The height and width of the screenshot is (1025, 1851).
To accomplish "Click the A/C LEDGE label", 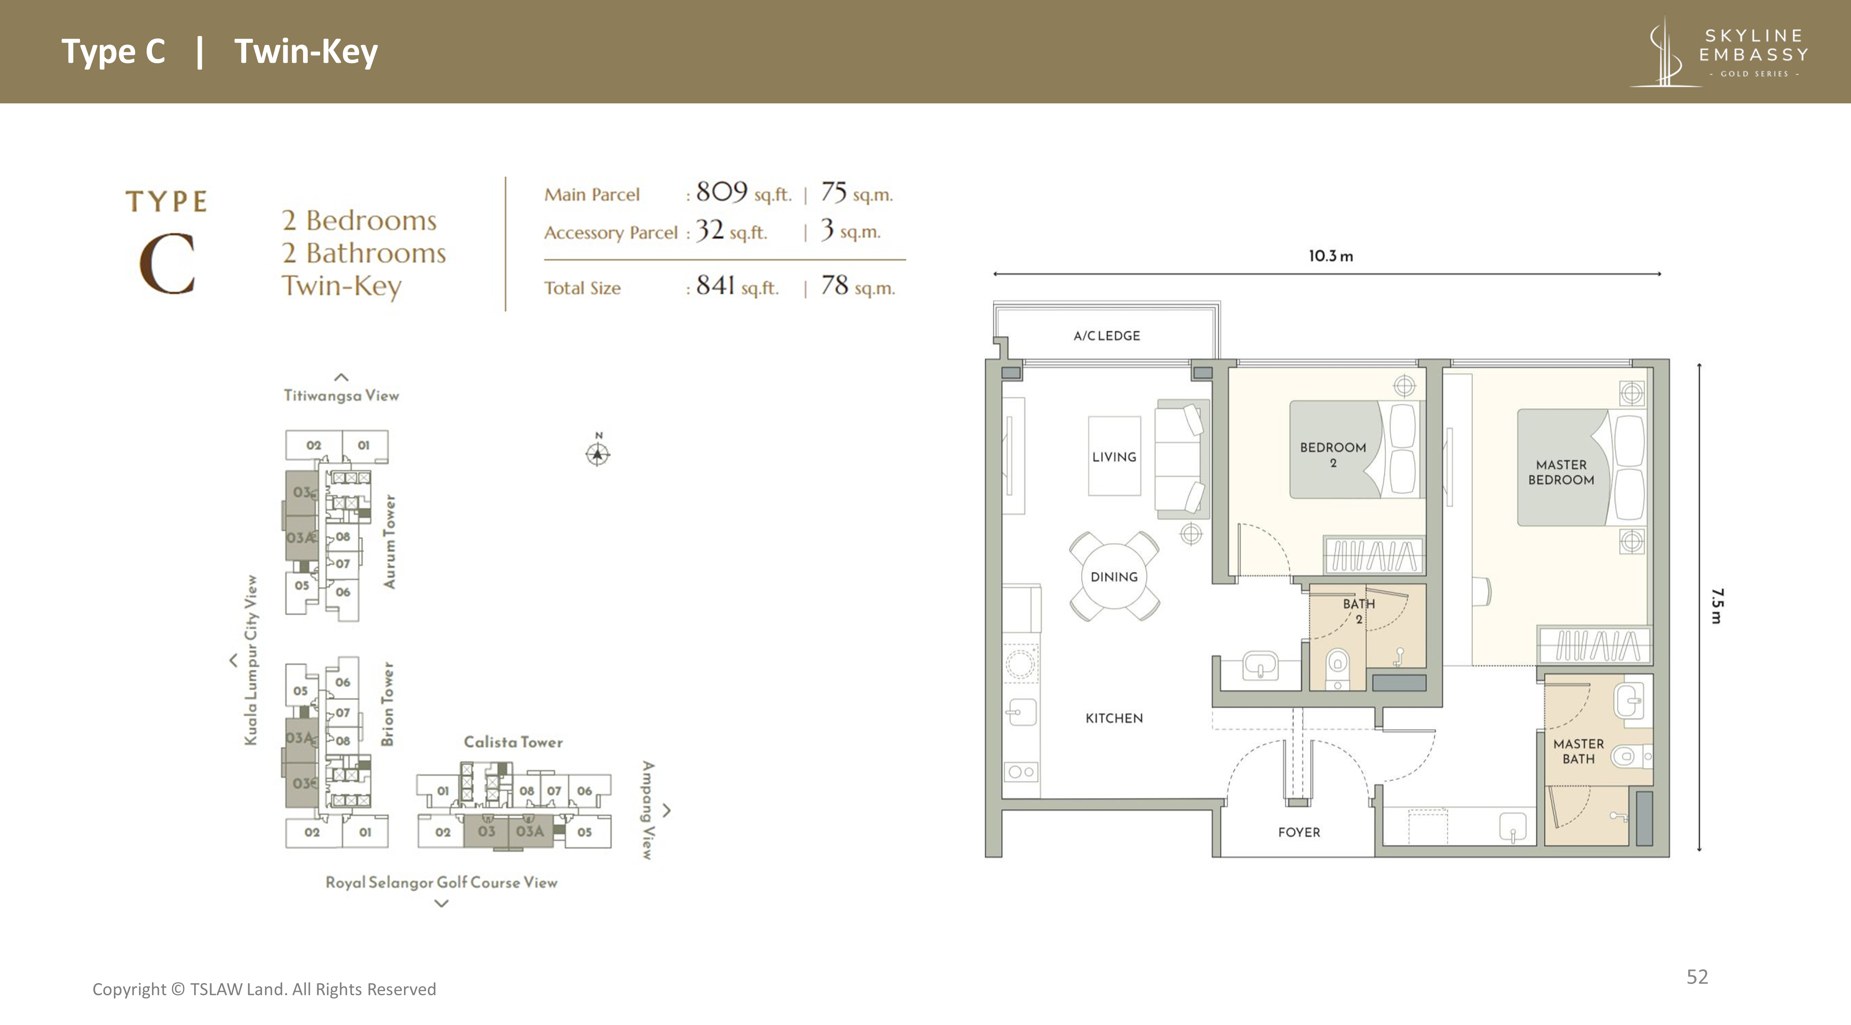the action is tap(1107, 335).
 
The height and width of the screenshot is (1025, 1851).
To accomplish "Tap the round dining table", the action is tap(1114, 576).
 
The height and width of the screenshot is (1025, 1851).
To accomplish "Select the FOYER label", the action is tap(1298, 832).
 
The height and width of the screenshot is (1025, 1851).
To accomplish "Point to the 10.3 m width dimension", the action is tap(1330, 256).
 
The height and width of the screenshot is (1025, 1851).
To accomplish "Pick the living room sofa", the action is tap(1180, 459).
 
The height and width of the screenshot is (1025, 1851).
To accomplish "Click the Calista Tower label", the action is tap(513, 742).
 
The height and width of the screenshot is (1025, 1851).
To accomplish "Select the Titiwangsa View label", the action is tap(341, 395).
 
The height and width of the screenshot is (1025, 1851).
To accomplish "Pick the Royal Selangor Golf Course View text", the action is tap(441, 882).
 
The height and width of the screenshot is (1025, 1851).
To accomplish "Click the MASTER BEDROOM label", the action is tap(1560, 472).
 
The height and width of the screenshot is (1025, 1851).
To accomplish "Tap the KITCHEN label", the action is tap(1114, 717).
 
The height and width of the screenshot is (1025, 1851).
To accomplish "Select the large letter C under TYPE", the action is tap(167, 264).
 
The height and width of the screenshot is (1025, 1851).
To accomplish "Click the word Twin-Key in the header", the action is tap(306, 52).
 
